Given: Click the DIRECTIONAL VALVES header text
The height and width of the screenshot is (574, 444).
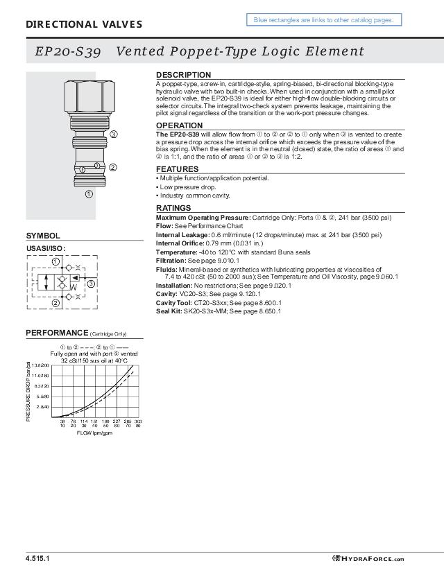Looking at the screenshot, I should tap(84, 25).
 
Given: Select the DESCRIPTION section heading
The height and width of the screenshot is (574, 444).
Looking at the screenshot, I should tap(183, 75).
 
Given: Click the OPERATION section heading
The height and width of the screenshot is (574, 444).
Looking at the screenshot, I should tap(179, 125).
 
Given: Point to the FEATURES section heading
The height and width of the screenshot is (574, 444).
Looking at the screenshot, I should tap(177, 169).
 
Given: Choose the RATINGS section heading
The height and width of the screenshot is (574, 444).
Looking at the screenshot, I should tap(173, 208).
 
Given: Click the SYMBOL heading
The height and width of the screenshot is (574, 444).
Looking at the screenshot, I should tap(43, 236).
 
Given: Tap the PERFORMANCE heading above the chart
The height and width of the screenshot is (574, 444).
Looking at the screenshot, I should tap(57, 333).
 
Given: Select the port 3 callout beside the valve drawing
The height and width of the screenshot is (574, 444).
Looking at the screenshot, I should tap(113, 134).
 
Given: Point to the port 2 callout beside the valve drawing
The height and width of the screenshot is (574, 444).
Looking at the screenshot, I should tap(113, 167).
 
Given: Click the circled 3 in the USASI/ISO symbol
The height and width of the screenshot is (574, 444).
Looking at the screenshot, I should tap(91, 284).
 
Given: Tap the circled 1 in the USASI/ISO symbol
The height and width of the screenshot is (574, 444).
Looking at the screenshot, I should tap(55, 261).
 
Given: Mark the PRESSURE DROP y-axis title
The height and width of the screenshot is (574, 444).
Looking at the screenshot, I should tap(30, 392).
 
